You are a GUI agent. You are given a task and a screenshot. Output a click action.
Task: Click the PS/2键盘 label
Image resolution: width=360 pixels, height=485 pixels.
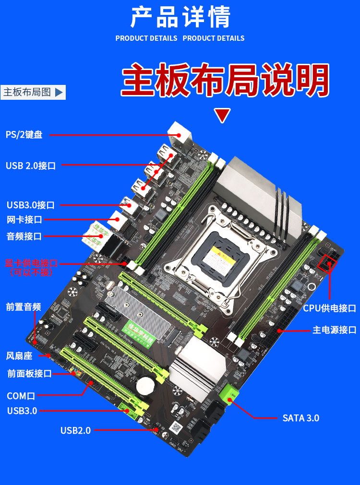(24, 135)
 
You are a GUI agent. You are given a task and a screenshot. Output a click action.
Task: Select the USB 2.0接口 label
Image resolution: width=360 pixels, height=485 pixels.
(31, 166)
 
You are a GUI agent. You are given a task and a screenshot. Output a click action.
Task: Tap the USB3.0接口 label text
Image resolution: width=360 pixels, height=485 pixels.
(30, 205)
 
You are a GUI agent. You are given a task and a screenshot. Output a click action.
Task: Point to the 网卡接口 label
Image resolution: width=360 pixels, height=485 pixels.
(24, 220)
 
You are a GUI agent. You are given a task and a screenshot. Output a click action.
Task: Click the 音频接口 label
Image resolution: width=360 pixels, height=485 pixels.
(24, 236)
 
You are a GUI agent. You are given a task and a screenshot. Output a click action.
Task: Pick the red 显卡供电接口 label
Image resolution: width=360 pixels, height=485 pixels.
(31, 263)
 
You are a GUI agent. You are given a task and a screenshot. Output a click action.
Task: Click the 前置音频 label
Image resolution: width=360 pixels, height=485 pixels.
(23, 307)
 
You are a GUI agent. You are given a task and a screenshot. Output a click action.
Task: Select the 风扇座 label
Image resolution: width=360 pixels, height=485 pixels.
(19, 355)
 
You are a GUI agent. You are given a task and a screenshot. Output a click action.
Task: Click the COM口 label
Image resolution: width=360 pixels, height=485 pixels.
(21, 396)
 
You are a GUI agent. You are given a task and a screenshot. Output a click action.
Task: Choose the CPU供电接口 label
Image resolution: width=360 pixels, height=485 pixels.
(329, 308)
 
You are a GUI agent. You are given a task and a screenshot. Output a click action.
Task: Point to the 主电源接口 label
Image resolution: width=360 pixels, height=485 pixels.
(335, 330)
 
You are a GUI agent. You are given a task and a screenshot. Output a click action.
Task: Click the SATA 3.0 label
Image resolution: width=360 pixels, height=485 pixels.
(300, 418)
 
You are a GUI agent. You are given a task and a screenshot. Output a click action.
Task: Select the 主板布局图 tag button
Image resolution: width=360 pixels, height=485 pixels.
(33, 92)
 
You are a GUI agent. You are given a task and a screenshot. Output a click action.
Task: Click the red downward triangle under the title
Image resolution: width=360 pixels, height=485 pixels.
(222, 116)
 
